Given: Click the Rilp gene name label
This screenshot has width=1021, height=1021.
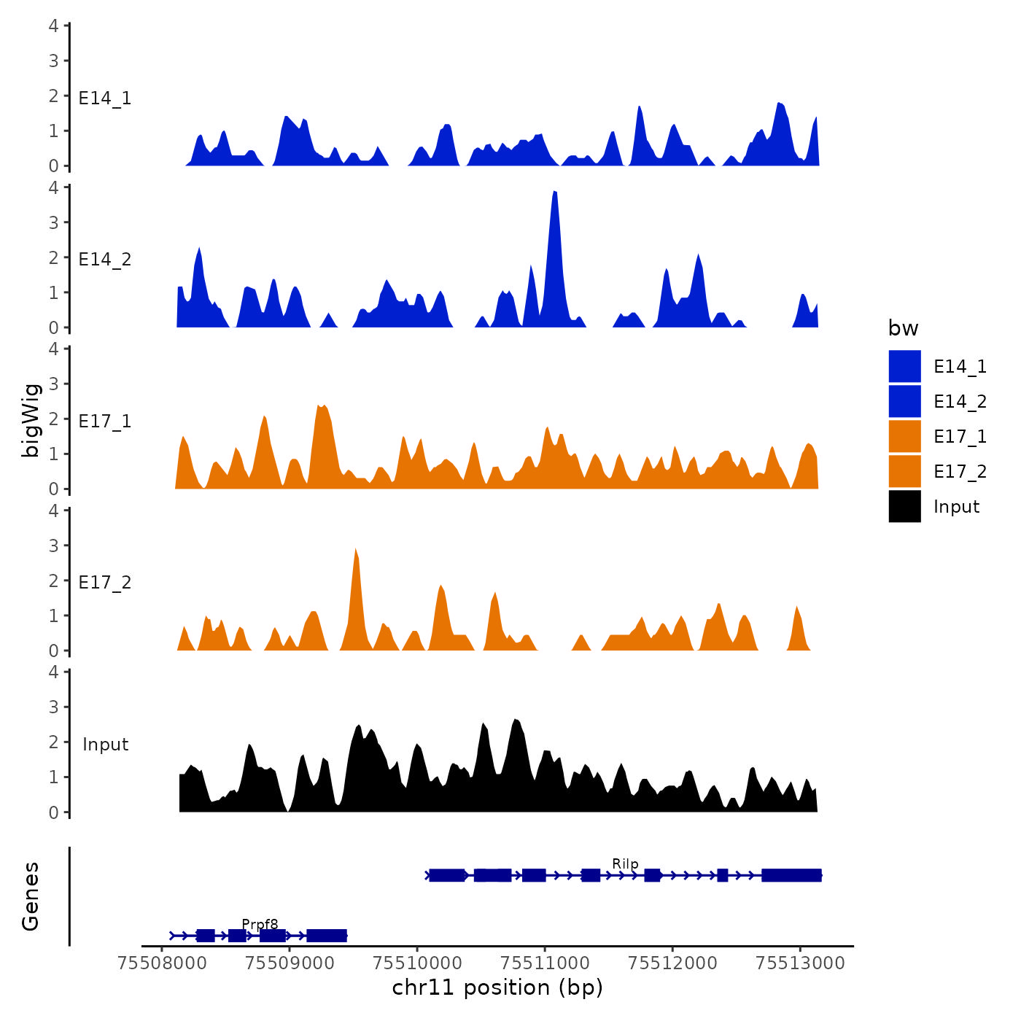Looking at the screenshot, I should (625, 864).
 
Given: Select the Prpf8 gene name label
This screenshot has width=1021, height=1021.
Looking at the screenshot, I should (260, 925).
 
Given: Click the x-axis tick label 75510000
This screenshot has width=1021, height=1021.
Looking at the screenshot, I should (417, 963).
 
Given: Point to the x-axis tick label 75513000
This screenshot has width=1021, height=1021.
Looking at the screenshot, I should (800, 963).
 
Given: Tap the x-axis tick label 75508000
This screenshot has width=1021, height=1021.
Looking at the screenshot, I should (162, 963).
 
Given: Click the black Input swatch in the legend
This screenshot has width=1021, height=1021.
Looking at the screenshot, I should (904, 506).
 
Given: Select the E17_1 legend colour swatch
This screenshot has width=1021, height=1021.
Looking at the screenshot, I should (904, 436).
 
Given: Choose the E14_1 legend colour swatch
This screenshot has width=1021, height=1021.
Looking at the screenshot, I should (904, 366).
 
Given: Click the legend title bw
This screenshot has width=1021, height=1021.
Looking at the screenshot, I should (903, 329).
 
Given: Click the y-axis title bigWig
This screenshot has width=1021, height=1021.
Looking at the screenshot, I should (31, 420).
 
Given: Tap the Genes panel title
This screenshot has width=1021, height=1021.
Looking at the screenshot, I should (31, 896).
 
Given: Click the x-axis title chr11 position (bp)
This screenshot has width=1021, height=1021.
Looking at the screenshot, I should (497, 987).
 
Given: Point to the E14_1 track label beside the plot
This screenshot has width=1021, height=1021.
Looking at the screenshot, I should (105, 98).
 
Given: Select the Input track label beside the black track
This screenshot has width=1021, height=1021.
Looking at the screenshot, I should (105, 745).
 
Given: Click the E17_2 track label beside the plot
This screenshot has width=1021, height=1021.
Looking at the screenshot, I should (105, 583).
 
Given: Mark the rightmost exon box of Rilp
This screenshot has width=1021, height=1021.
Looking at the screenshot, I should (791, 875).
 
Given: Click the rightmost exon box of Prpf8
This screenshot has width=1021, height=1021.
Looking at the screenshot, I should (326, 936).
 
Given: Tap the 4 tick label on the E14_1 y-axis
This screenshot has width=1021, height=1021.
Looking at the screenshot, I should (54, 26).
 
